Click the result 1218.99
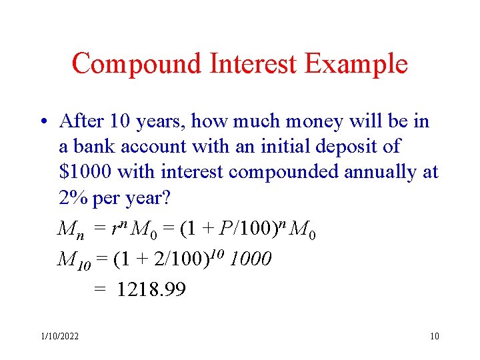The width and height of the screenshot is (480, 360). point(151,289)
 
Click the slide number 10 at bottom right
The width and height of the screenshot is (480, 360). point(435,336)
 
